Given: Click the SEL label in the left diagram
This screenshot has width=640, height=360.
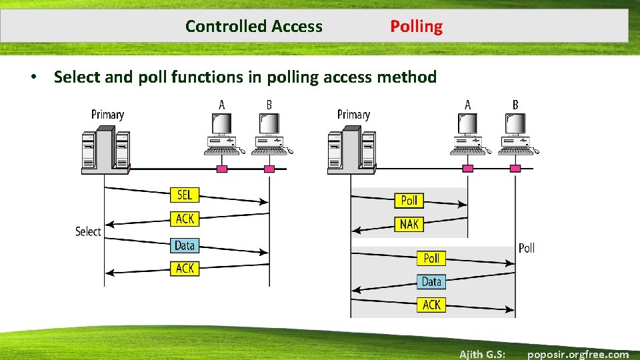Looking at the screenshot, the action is point(185,195).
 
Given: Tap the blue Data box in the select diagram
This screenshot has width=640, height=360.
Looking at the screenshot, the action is point(185,245).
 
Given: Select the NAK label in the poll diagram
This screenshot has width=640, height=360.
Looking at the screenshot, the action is point(409,224).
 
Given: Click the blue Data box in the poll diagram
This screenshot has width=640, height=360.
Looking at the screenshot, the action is point(431,281).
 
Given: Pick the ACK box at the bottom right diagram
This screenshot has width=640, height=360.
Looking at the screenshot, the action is point(431,305).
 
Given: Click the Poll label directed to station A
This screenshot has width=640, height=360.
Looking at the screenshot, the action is point(409,200).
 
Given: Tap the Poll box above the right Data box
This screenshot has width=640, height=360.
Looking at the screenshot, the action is point(431,258).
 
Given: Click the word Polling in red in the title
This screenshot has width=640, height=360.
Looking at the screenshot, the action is point(416,27).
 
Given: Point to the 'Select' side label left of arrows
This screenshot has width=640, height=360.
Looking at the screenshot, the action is point(88,231).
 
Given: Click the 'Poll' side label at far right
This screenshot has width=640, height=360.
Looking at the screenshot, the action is point(526,248).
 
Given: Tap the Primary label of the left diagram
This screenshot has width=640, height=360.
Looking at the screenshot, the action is point(107,114).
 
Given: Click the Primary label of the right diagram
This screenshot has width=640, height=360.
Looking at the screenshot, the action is point(353,114).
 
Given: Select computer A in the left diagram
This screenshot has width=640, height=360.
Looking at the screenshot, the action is point(221,133).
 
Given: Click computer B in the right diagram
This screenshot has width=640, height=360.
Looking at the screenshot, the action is point(515,133).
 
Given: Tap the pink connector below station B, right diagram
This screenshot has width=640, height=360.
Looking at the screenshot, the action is point(515,169).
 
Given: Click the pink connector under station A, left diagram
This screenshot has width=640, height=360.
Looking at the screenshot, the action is point(222,169).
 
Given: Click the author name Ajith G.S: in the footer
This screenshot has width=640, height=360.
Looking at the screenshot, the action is point(482,354).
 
